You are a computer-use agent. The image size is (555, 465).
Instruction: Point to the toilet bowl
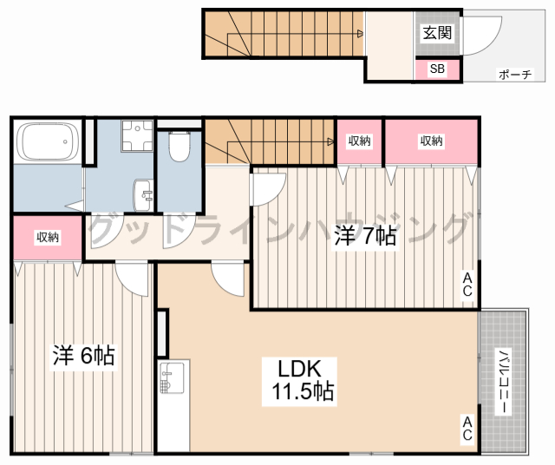click(x=180, y=147)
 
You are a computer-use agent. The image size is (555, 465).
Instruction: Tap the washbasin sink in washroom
click(x=143, y=193)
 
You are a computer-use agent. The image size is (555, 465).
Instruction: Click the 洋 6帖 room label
click(x=85, y=355)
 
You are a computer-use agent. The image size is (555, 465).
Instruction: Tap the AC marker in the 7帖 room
click(x=467, y=285)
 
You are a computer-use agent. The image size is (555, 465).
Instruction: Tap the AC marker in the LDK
click(x=467, y=428)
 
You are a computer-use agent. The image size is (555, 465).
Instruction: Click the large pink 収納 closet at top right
click(x=431, y=141)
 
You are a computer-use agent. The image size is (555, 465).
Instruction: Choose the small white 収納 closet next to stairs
click(x=360, y=141)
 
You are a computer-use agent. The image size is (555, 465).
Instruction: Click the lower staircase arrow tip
click(x=332, y=141)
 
